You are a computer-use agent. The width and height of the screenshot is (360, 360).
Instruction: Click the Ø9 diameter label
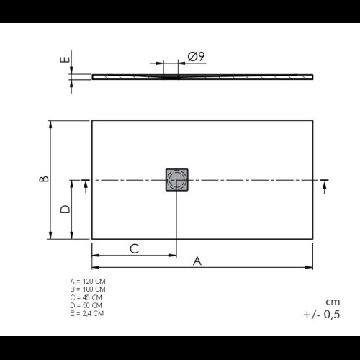[x=196, y=57]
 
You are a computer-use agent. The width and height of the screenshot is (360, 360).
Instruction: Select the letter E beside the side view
[x=65, y=59]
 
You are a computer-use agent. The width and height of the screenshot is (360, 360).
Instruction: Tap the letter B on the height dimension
[x=44, y=179]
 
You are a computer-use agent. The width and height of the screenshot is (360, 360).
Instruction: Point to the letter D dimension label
[x=65, y=209]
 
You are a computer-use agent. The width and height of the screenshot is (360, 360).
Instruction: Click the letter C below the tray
[x=135, y=248]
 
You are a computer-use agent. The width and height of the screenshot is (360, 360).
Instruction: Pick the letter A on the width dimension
[x=197, y=261]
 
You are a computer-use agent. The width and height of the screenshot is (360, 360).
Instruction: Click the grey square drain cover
[x=177, y=180]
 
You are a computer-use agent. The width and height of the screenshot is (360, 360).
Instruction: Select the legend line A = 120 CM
[x=88, y=281]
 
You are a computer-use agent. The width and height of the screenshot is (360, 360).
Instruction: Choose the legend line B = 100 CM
[x=88, y=289]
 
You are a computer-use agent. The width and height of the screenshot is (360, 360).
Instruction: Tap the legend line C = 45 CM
[x=86, y=297]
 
